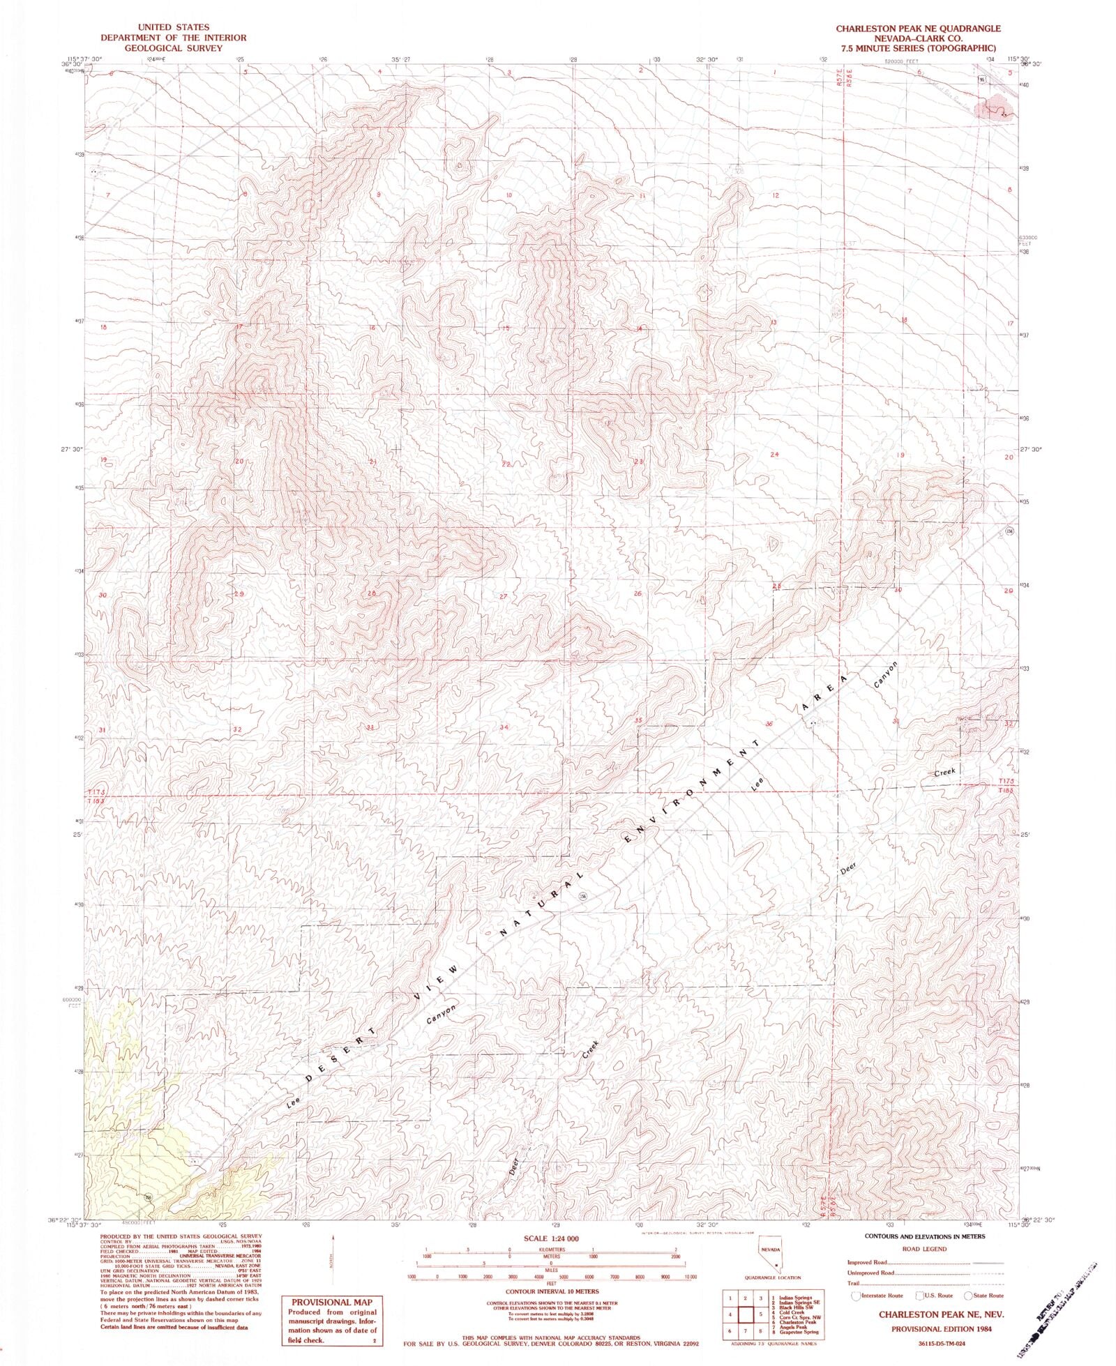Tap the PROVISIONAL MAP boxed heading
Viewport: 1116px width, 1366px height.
(x=331, y=1302)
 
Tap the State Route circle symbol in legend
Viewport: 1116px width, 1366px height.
(x=969, y=1296)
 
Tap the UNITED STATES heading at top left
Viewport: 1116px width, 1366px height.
(x=172, y=28)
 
